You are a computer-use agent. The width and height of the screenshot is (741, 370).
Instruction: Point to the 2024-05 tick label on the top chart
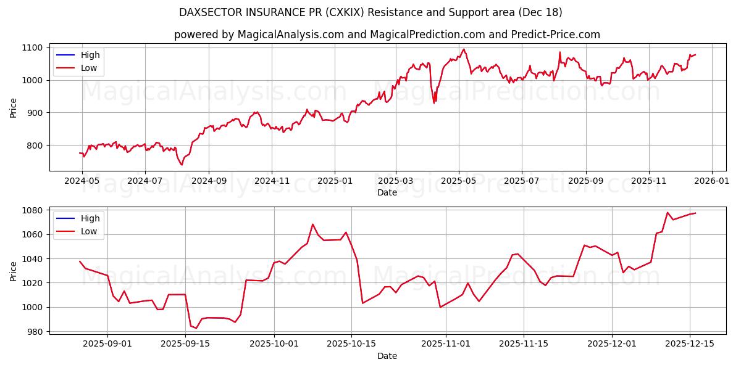coord(82,182)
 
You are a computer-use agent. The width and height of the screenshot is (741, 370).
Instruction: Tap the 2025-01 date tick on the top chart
coord(334,182)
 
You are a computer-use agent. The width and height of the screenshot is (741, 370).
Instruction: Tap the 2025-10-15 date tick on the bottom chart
coord(351,344)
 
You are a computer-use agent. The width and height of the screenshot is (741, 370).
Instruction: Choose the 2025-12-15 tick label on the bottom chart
coord(689,344)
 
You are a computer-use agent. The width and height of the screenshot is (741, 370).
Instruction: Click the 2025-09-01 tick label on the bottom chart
coord(107,344)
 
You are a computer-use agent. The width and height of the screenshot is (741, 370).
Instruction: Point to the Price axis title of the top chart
coord(14,107)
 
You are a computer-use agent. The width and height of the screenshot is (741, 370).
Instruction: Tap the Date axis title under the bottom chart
coord(387,356)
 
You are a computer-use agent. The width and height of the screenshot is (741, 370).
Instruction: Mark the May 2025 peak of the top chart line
coord(464,49)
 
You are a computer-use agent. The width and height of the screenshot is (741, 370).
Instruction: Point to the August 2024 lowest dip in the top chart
coord(182,165)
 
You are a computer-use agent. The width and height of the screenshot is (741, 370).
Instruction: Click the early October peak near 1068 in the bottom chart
coord(312,224)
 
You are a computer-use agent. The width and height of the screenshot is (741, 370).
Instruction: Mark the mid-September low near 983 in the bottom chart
coord(196,328)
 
